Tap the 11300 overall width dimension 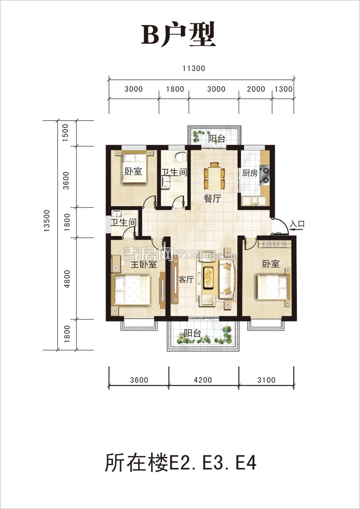pos(194,68)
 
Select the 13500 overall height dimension pos(47,221)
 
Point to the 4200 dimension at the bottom pos(203,380)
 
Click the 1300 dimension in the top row pos(284,89)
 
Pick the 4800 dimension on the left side pos(67,279)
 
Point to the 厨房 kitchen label pos(250,173)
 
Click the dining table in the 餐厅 pos(214,176)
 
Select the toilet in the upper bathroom pos(181,157)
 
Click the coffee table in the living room pos(208,277)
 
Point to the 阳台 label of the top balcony pos(217,138)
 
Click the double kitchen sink pos(254,201)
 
